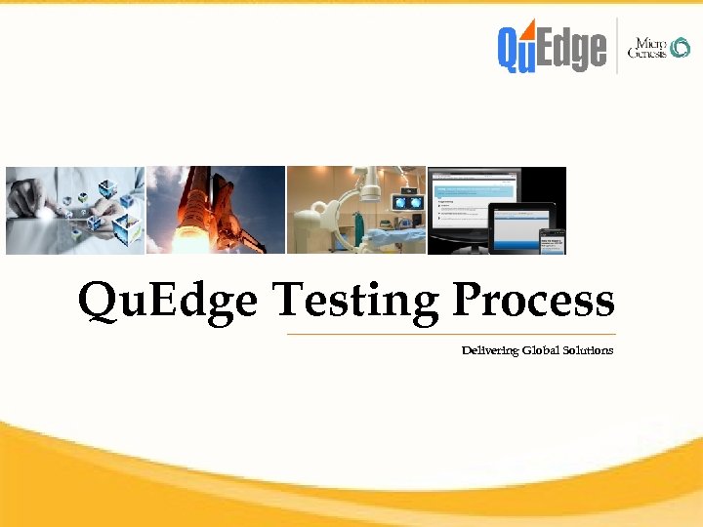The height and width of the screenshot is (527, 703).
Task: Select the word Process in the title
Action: click(533, 302)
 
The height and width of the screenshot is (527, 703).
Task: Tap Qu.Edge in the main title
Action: click(167, 302)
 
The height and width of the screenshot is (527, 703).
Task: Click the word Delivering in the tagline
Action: click(490, 350)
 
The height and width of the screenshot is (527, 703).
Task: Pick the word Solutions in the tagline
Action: click(590, 350)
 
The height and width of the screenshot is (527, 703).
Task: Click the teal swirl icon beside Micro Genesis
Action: click(680, 48)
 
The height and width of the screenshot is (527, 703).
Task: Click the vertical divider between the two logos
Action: click(617, 45)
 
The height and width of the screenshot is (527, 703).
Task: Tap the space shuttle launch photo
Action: click(216, 210)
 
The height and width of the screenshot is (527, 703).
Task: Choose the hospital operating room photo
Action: click(355, 210)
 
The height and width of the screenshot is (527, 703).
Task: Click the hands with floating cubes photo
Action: click(74, 210)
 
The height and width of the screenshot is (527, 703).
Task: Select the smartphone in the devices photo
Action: click(553, 240)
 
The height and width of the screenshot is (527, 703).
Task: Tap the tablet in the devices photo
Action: click(521, 226)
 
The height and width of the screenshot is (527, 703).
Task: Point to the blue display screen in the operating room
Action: click(407, 202)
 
